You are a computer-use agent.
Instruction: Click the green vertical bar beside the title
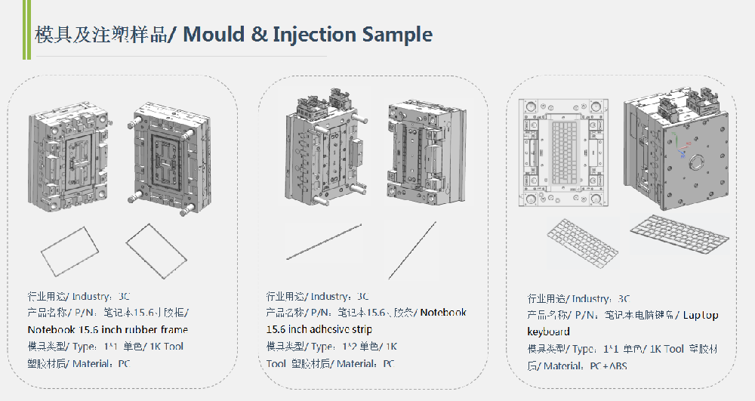coord(24,30)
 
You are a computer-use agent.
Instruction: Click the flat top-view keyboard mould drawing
coord(564,153)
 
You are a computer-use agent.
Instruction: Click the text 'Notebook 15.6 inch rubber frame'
coord(108,329)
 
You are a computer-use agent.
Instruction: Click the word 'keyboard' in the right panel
coord(548,332)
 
